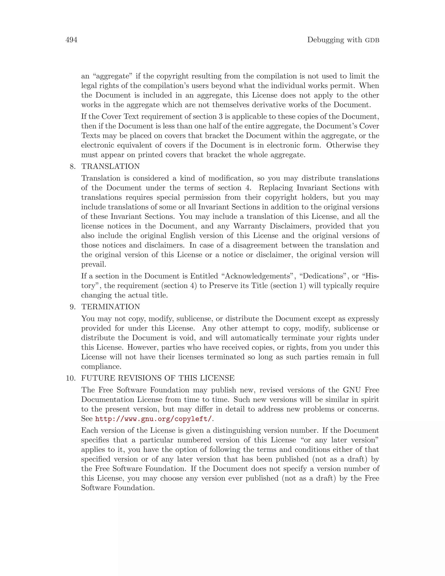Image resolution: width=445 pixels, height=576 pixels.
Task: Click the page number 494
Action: [x=71, y=40]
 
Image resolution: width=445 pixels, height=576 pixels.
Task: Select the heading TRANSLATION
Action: [x=110, y=166]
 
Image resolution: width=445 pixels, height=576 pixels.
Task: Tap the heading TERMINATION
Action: [x=110, y=307]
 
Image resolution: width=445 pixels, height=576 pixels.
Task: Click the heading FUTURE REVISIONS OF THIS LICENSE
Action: [x=158, y=378]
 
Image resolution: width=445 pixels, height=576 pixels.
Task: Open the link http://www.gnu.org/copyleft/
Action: [x=153, y=419]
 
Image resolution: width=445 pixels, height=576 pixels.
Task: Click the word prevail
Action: [x=93, y=265]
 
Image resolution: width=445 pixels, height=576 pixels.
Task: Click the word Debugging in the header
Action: [x=324, y=40]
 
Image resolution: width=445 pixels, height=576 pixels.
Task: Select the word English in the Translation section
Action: [x=183, y=236]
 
